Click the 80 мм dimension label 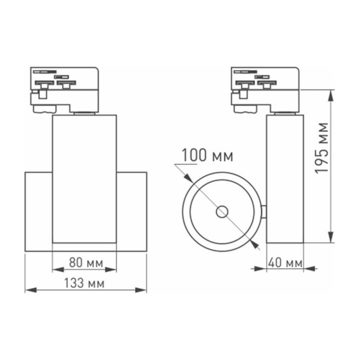click(85, 263)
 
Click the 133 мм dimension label click(85, 283)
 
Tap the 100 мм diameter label click(208, 157)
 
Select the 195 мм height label click(323, 148)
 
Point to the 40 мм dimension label click(284, 263)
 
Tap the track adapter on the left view click(64, 89)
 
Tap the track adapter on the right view click(265, 89)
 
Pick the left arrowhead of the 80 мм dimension click(56, 270)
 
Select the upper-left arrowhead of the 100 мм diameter click(188, 178)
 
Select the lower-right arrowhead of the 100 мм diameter click(256, 244)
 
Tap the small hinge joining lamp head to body click(263, 211)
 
